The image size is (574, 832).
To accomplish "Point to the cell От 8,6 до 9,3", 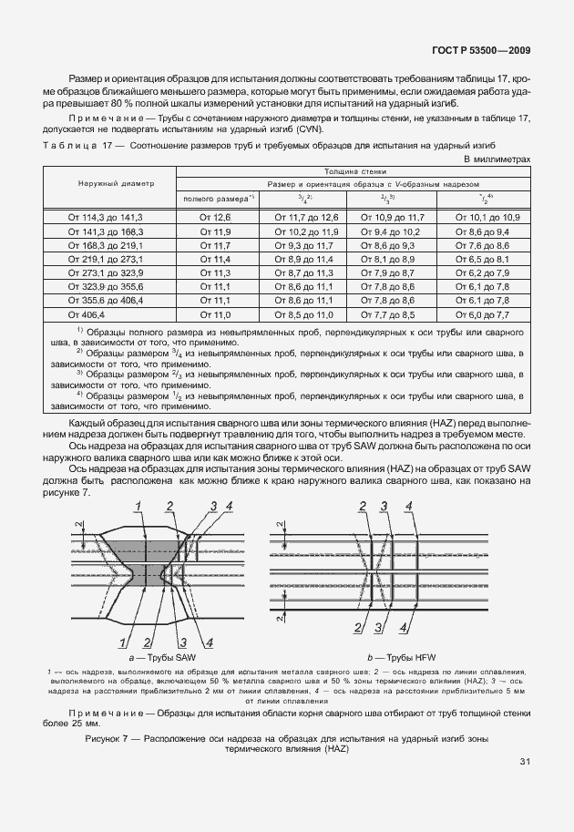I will coord(393,246).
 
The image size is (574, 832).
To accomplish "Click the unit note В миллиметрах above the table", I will coord(497,159).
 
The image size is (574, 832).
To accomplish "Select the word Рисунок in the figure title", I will coord(107,736).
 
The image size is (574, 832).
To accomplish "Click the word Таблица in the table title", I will coord(68,145).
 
